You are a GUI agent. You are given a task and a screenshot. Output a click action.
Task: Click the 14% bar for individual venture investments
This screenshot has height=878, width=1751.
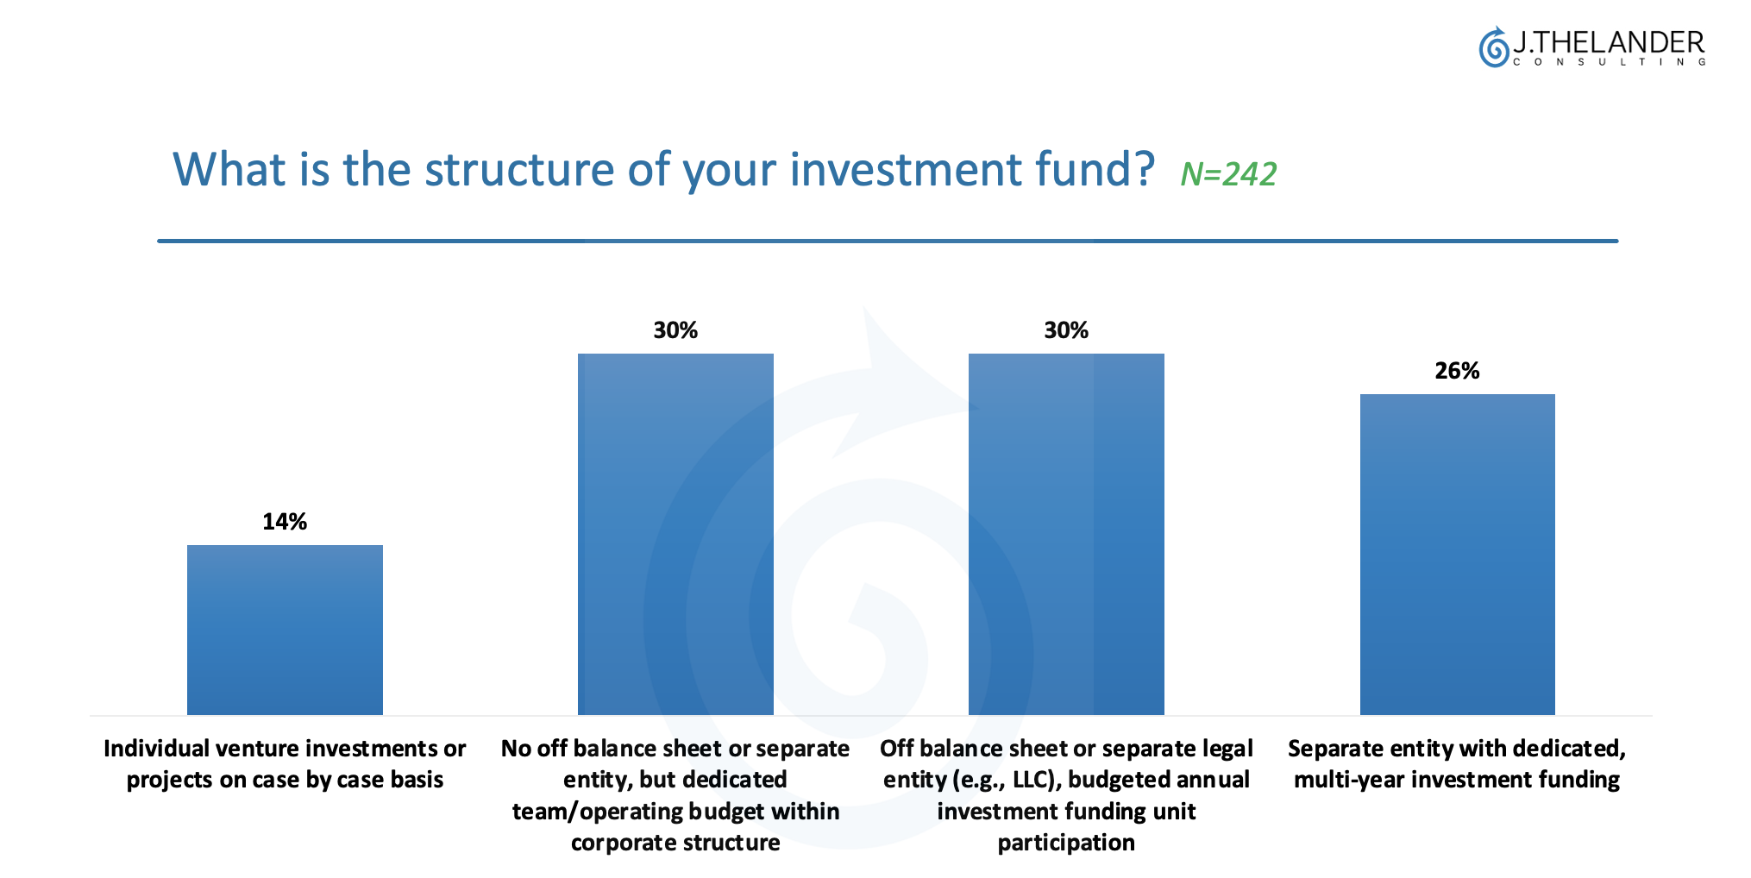(x=285, y=630)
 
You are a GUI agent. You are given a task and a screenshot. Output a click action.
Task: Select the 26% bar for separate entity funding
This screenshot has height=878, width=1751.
(x=1457, y=555)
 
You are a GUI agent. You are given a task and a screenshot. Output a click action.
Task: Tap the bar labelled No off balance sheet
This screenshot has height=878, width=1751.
(x=675, y=534)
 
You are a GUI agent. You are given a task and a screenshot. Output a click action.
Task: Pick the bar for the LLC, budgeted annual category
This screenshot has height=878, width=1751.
(x=1066, y=534)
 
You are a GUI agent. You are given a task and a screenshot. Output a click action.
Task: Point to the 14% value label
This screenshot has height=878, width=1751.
(x=285, y=522)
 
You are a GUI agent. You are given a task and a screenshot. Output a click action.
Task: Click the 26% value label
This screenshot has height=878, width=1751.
(x=1457, y=371)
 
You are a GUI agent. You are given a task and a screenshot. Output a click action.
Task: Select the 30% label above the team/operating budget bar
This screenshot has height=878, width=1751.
(x=675, y=330)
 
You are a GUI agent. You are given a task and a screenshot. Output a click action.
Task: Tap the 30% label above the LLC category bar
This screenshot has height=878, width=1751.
(x=1066, y=330)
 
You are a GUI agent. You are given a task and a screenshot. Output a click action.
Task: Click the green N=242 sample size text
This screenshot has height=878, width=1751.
(x=1228, y=174)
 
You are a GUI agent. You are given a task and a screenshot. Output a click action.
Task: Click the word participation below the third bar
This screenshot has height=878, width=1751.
(x=1066, y=843)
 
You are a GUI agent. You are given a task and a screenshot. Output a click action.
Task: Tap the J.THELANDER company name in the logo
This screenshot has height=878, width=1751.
(x=1610, y=41)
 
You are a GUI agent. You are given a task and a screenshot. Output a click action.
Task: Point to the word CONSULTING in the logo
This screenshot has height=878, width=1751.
(x=1610, y=62)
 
